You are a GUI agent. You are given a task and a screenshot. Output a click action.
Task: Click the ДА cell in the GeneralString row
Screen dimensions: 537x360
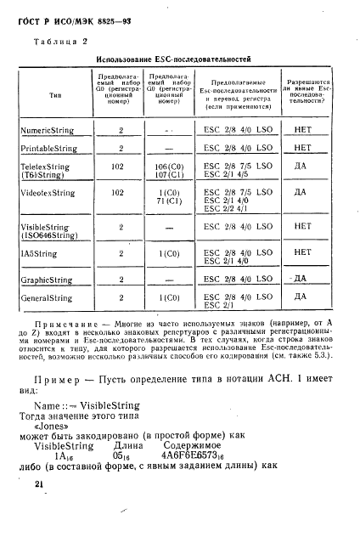[300, 297]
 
